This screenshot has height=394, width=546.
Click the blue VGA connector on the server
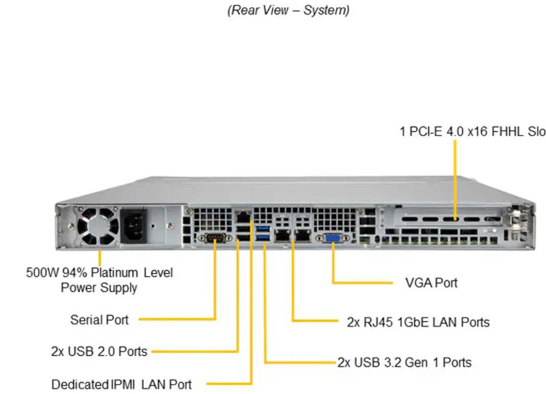[x=332, y=238]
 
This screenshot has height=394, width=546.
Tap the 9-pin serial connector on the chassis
[x=215, y=238]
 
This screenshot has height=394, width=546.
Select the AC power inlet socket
[x=132, y=226]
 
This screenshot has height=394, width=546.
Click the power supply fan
[x=98, y=226]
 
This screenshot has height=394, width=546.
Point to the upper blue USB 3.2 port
[x=263, y=229]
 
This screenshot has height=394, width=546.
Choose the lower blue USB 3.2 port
[x=263, y=238]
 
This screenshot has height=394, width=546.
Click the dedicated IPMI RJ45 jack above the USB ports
[x=243, y=217]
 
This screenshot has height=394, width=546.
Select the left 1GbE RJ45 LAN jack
[x=282, y=235]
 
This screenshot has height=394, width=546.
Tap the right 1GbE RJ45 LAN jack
[x=303, y=235]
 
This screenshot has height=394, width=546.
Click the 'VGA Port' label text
[x=431, y=283]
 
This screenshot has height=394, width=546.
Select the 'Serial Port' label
[x=99, y=320]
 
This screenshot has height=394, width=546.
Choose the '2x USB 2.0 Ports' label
[x=99, y=352]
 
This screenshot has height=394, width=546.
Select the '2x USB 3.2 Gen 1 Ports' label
[x=404, y=363]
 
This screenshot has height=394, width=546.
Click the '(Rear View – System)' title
[x=288, y=10]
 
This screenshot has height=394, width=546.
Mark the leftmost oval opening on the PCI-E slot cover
[x=409, y=219]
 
